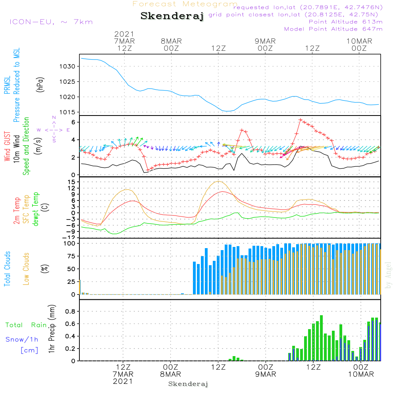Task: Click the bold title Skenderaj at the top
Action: [172, 16]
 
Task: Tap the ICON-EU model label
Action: [51, 21]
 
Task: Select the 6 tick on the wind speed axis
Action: [73, 122]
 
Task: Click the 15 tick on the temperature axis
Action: [72, 182]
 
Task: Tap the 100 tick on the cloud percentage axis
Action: [70, 243]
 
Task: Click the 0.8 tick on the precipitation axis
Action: [70, 312]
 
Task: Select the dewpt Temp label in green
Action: [36, 209]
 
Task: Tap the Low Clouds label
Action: [27, 269]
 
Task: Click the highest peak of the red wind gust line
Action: [300, 119]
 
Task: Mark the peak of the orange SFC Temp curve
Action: [218, 181]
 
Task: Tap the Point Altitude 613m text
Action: [345, 21]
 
